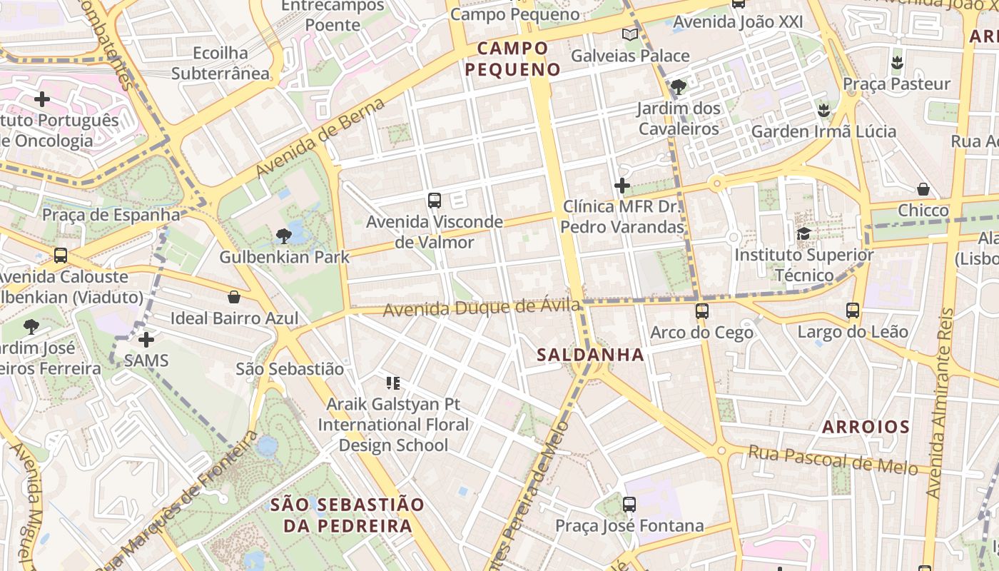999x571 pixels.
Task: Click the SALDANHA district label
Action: coord(590,355)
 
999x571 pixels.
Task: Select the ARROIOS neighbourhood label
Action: coord(866,428)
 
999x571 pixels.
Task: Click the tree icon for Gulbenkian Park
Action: coord(283,236)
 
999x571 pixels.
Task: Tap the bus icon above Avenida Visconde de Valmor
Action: coord(435,201)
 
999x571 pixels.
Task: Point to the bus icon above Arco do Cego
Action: coord(701,311)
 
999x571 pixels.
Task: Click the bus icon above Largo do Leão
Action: coord(853,310)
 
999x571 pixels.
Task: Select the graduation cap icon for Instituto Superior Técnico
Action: coord(803,234)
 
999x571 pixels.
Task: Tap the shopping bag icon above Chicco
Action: coord(923,189)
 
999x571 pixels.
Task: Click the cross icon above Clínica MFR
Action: coord(622,186)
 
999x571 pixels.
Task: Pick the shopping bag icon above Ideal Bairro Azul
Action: coord(234,297)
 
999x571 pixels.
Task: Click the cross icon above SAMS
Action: coord(146,340)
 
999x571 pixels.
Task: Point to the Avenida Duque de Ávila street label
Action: coord(482,308)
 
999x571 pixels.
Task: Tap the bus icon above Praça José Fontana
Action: coord(629,505)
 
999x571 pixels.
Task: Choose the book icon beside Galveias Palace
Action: coord(629,35)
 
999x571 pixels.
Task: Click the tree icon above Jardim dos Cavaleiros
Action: coord(678,87)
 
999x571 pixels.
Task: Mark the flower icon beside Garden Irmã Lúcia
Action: coord(823,111)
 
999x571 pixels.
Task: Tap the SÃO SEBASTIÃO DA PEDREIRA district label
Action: coord(348,515)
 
